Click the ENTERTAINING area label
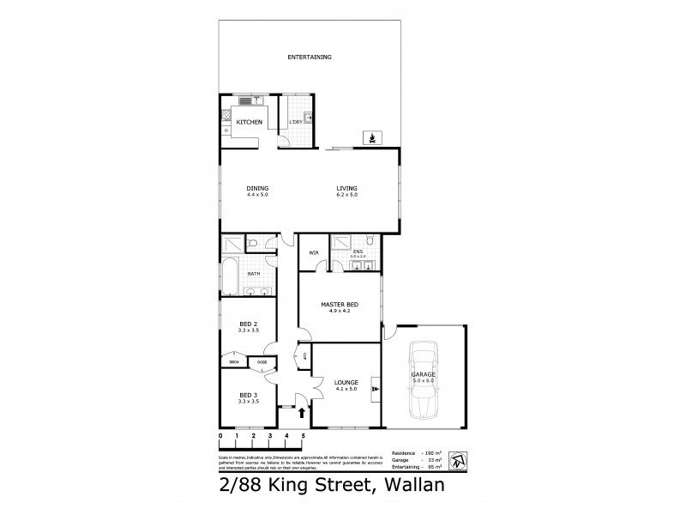[x=309, y=58]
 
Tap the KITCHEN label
[x=249, y=123]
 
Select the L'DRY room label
[x=295, y=123]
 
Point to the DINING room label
[x=257, y=189]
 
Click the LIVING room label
[x=347, y=189]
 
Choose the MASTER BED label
[x=339, y=306]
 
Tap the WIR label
[x=314, y=253]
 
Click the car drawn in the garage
[x=424, y=380]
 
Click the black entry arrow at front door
[x=301, y=413]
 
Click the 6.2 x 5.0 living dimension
[x=347, y=196]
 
